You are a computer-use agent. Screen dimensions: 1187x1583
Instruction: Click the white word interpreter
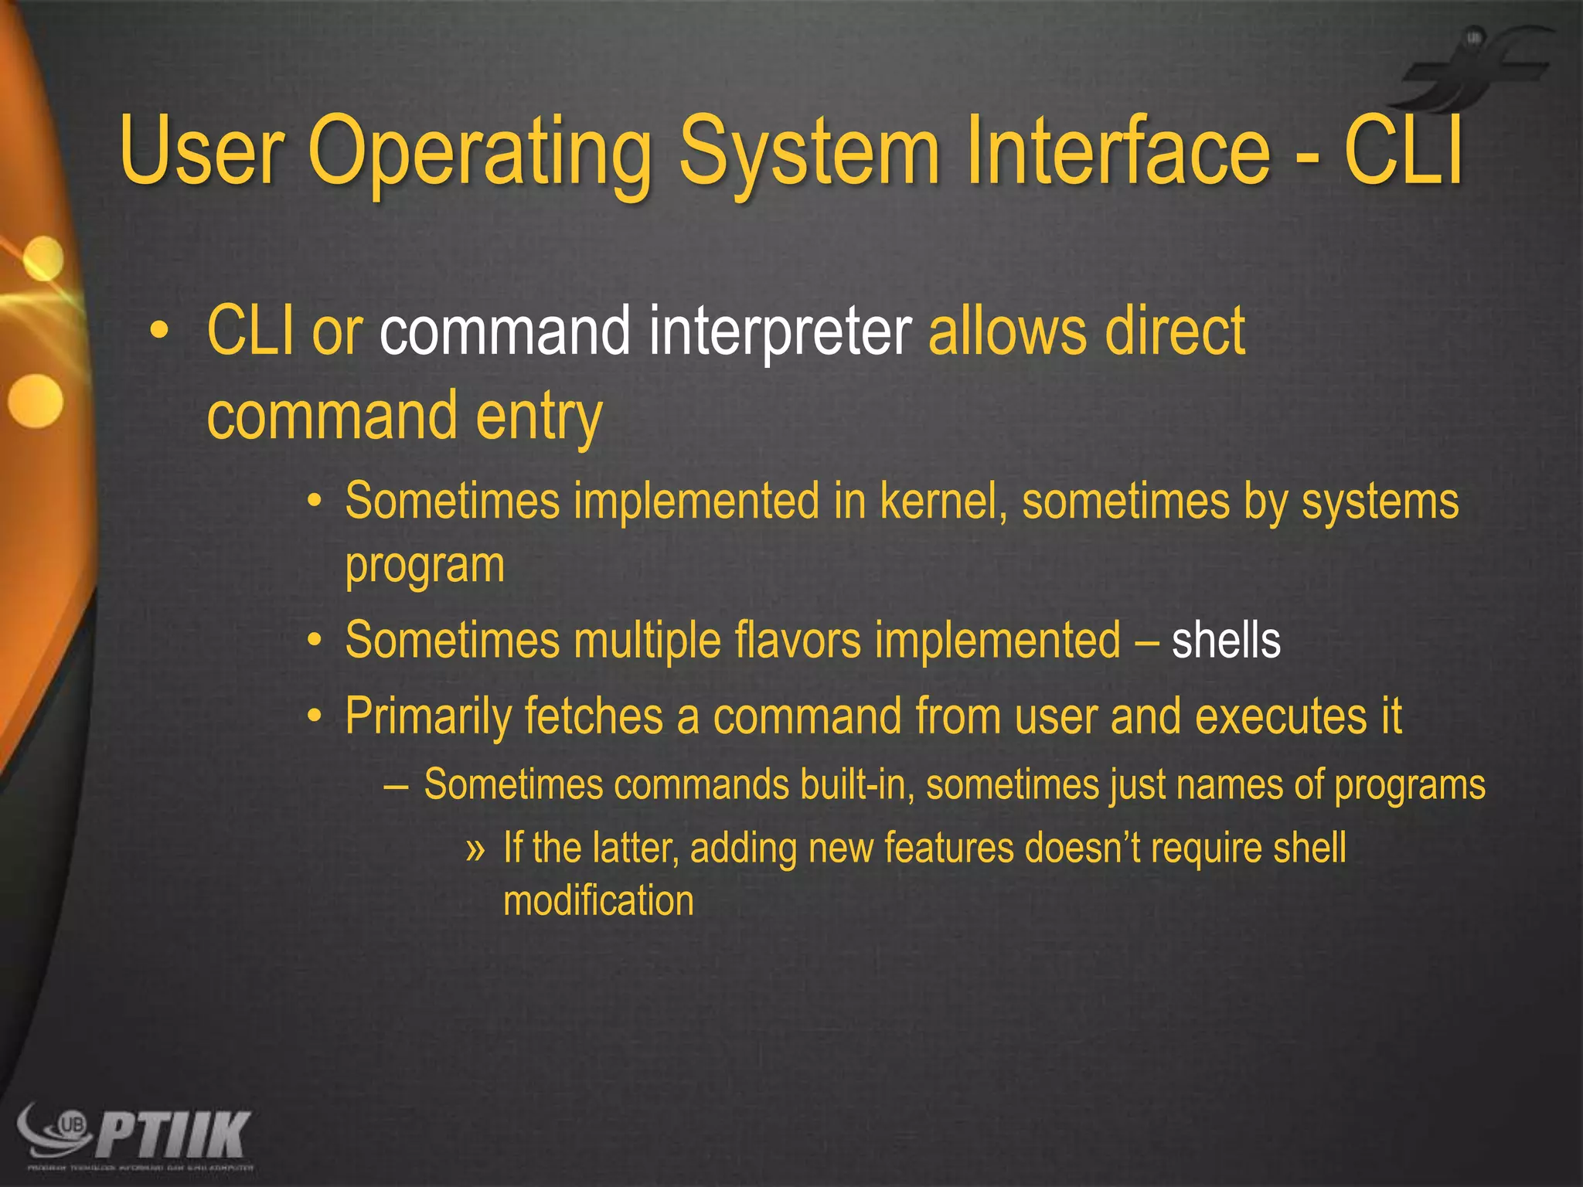(781, 332)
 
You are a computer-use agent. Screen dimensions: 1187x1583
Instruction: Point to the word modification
(598, 901)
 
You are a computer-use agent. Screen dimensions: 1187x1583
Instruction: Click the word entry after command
(539, 417)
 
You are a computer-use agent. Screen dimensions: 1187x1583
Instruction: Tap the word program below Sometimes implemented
(425, 566)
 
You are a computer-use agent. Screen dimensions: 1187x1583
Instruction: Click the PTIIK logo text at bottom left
(175, 1134)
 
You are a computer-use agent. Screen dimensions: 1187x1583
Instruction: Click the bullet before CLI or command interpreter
(158, 332)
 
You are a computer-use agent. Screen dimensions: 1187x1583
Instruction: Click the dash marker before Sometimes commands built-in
(396, 786)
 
